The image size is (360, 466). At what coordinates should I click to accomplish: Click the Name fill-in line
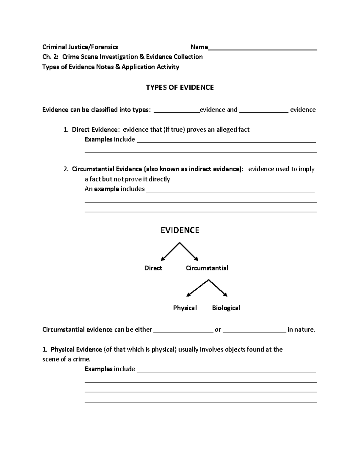(262, 48)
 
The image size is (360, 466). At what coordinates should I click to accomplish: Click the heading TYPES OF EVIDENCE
(180, 87)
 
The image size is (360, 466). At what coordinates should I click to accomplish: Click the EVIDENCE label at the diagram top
(180, 230)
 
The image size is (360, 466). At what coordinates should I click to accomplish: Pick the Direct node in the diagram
(153, 268)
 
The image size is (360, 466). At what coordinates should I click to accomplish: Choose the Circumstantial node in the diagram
(207, 268)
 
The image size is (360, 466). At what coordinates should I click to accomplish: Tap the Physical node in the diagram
(185, 308)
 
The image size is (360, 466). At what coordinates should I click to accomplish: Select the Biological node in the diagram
(226, 308)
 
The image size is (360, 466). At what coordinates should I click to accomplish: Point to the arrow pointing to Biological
(218, 288)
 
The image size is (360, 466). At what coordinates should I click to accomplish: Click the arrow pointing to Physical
(197, 288)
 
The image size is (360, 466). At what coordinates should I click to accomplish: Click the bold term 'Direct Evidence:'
(95, 129)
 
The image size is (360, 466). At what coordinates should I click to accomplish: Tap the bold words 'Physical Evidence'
(76, 349)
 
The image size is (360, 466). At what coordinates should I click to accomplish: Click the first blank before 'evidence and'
(177, 111)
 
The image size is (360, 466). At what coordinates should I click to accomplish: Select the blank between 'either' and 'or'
(183, 331)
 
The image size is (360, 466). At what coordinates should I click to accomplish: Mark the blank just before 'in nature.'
(255, 331)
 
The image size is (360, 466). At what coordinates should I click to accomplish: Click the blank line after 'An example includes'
(230, 190)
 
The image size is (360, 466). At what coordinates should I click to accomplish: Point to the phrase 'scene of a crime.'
(66, 359)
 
